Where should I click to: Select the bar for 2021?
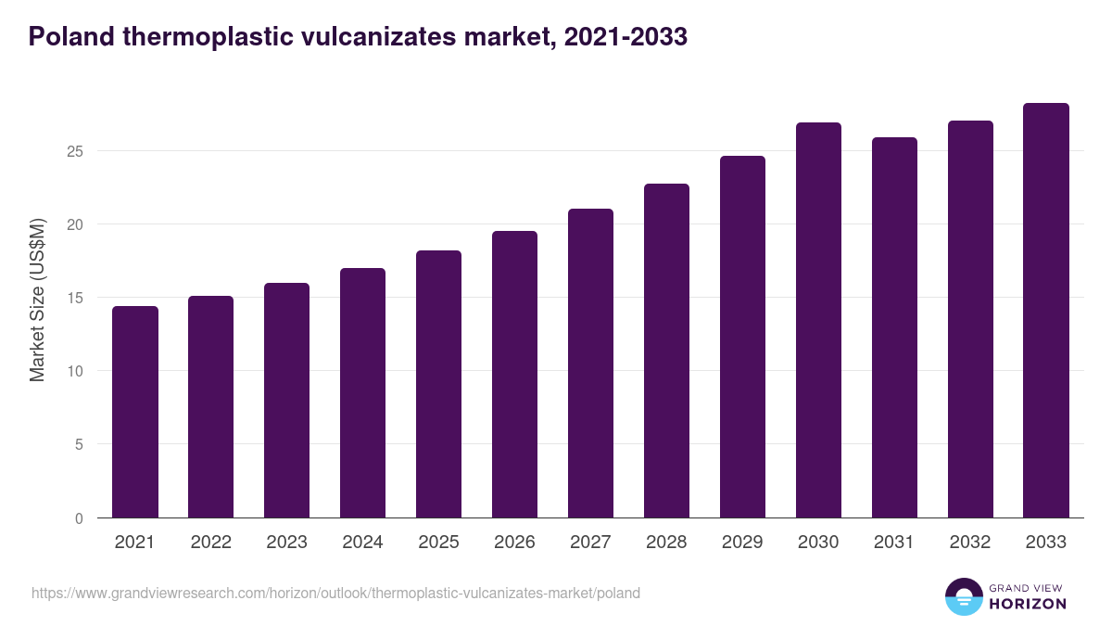(x=135, y=412)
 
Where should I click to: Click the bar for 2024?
(x=363, y=393)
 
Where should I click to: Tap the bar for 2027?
(x=591, y=364)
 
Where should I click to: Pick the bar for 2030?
(x=819, y=320)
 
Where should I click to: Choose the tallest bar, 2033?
(x=1047, y=311)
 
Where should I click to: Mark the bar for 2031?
(x=895, y=327)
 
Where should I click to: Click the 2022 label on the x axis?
(x=211, y=543)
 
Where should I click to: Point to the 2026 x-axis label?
(x=515, y=543)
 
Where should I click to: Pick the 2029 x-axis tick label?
(x=743, y=543)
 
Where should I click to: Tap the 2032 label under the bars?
(x=971, y=543)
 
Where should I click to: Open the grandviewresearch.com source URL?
(x=335, y=593)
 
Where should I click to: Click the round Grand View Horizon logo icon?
(x=964, y=596)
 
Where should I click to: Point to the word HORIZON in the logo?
(x=1028, y=604)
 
